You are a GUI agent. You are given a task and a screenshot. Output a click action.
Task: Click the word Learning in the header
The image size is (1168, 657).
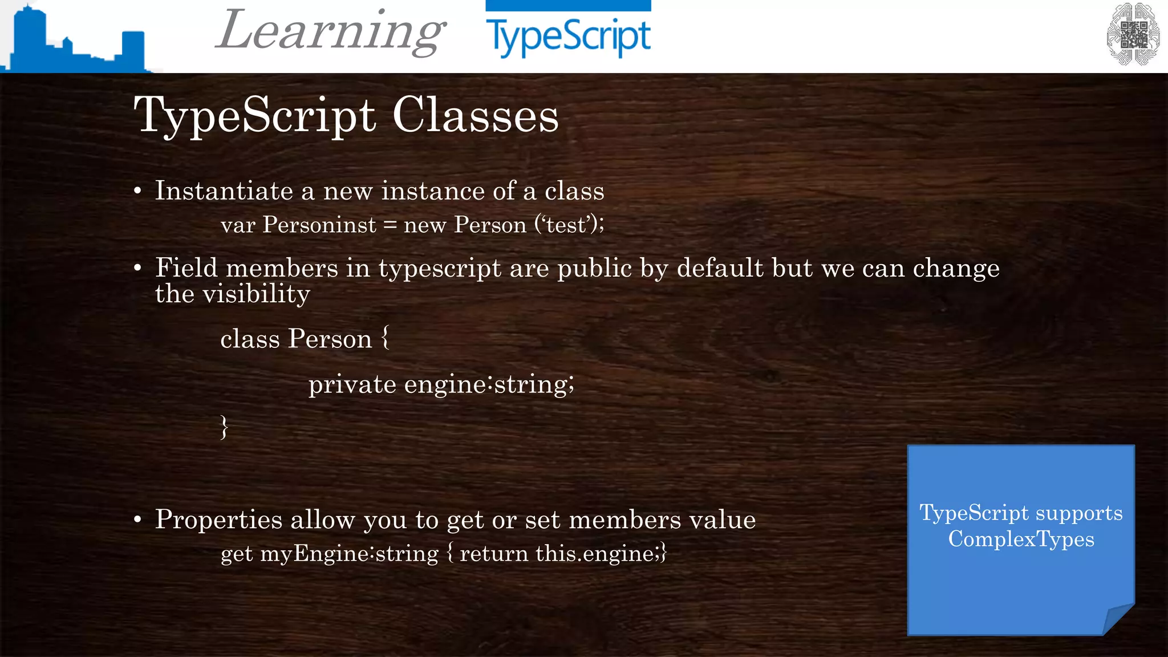tap(331, 31)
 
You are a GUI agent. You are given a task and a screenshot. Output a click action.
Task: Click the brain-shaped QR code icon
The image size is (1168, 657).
tap(1133, 34)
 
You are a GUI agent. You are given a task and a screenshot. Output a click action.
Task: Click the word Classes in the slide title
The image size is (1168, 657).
tap(476, 115)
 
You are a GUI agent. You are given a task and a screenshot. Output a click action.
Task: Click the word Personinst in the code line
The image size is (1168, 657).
tap(319, 225)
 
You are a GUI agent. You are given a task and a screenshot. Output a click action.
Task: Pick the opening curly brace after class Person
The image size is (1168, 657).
tap(386, 338)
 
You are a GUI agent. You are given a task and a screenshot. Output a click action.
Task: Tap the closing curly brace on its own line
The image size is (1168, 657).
tap(224, 427)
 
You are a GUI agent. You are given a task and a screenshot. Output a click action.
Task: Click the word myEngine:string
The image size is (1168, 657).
tap(349, 554)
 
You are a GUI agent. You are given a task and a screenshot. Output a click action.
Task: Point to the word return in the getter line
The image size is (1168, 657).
tap(494, 554)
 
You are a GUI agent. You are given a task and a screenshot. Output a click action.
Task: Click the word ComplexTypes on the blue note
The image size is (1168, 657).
tap(1021, 539)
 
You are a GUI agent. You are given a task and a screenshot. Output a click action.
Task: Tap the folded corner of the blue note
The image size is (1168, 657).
tap(1118, 619)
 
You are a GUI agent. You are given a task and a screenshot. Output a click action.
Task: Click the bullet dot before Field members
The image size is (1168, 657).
tap(137, 267)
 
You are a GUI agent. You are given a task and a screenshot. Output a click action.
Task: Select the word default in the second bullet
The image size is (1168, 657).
tap(720, 268)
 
